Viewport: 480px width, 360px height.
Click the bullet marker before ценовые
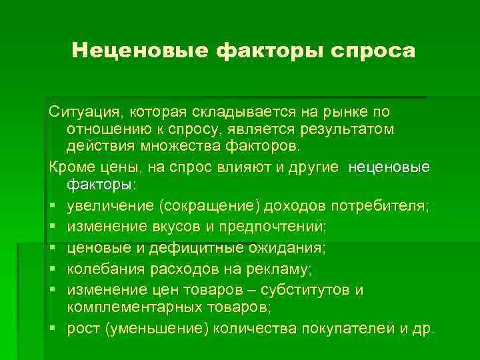tap(53, 249)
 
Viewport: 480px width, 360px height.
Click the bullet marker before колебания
tap(53, 269)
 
